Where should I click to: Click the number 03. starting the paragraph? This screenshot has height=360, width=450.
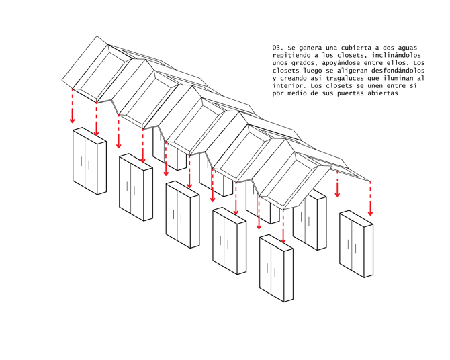(278, 48)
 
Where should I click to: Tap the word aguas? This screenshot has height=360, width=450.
(408, 48)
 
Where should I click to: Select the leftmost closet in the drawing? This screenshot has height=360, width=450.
(89, 161)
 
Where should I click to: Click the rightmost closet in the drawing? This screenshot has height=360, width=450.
(357, 244)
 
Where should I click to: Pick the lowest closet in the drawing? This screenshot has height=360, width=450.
(276, 268)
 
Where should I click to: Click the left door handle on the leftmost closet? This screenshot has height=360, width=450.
(81, 161)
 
